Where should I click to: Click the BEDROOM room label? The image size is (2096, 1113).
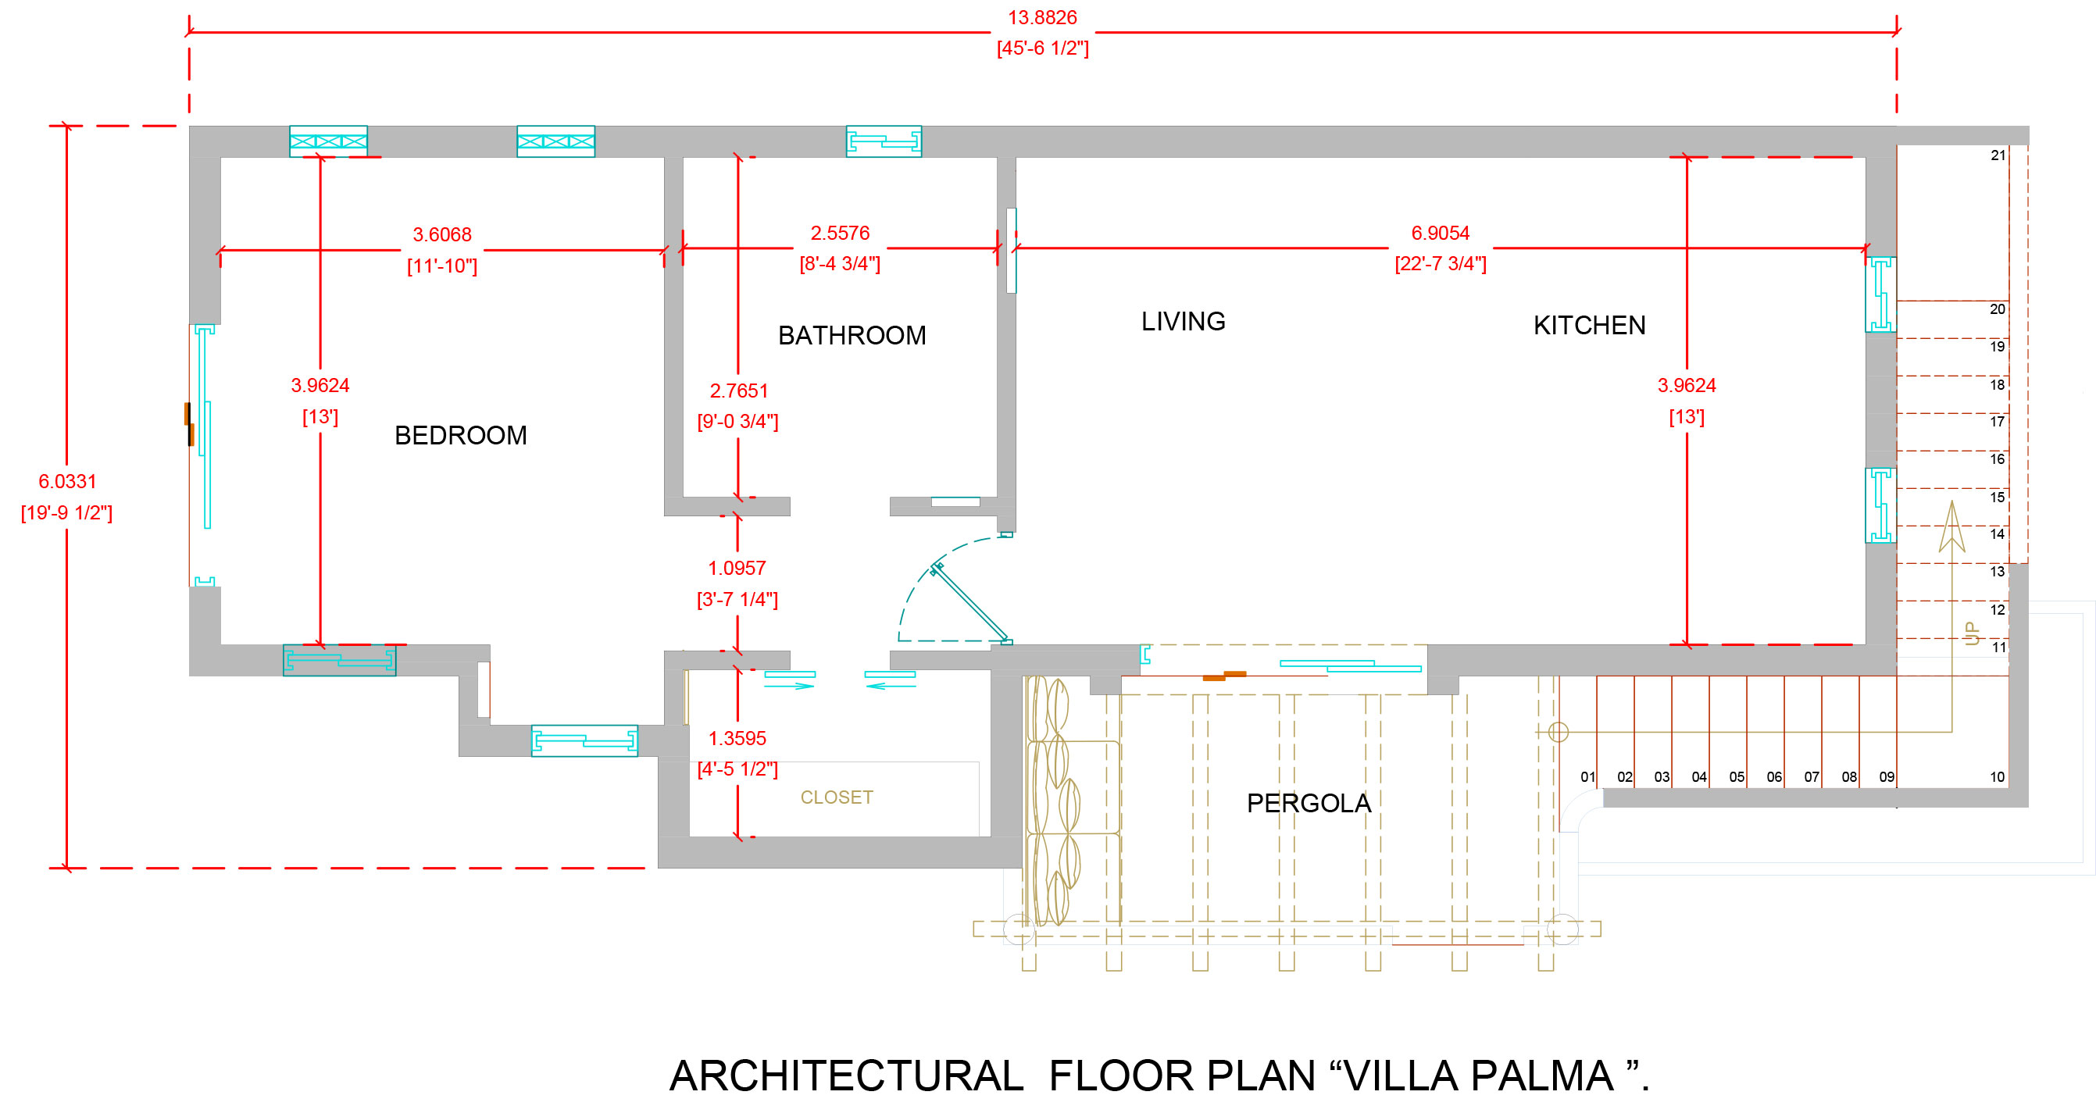point(461,435)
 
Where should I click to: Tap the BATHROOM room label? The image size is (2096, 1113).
point(851,335)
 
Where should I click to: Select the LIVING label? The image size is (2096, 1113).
point(1182,321)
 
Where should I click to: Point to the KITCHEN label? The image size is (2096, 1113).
point(1588,326)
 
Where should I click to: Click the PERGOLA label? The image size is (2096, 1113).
point(1309,803)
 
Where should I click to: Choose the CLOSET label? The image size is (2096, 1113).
point(837,797)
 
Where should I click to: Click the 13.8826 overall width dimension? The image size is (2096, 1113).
point(1041,18)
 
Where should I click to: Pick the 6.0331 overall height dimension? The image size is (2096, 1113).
point(66,482)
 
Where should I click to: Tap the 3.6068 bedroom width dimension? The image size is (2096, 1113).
point(442,234)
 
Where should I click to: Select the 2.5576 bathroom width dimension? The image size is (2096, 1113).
point(840,234)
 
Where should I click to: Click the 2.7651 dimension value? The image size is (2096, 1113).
point(738,391)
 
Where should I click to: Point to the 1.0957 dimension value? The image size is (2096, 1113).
point(737,568)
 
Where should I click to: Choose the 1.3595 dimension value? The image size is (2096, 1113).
point(737,738)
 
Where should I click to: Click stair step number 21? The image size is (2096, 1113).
point(1998,155)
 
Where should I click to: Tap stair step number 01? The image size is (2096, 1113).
point(1587,777)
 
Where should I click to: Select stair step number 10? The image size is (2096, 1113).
point(1997,777)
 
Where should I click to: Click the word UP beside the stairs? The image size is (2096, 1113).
point(1972,633)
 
